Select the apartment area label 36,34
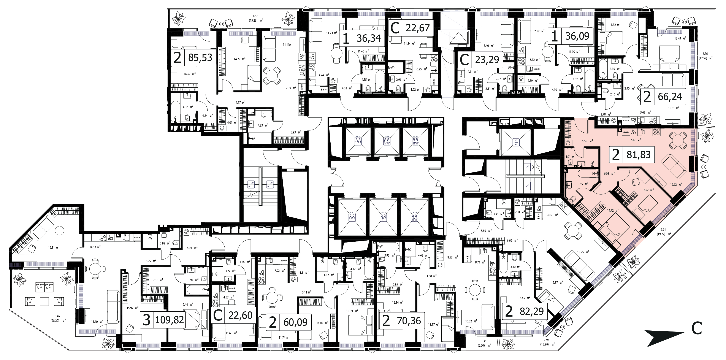(x=369, y=38)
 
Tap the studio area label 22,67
(x=418, y=28)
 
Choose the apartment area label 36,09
(x=577, y=36)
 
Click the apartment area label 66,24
(x=670, y=97)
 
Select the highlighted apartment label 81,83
(x=638, y=154)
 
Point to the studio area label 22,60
(x=240, y=315)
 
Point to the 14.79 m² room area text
(x=239, y=59)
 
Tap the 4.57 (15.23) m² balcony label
(x=255, y=18)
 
